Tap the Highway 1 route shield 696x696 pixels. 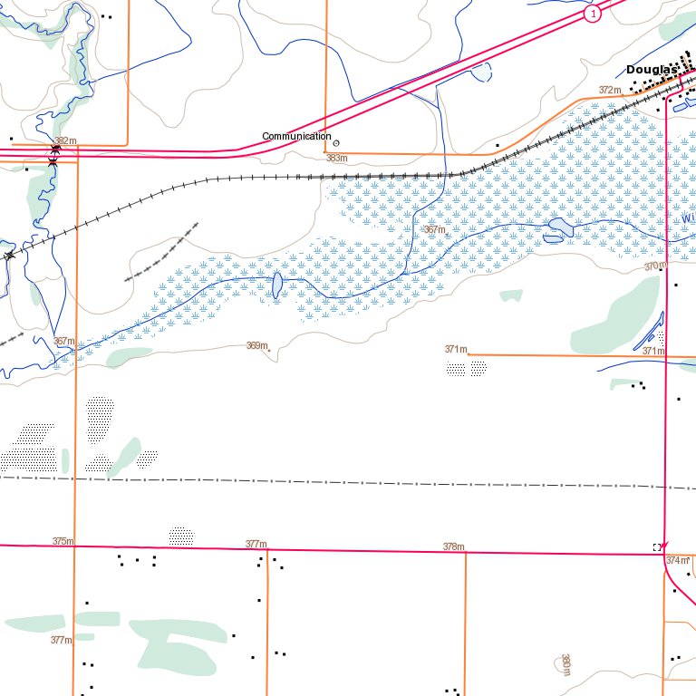click(x=592, y=14)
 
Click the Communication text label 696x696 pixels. click(x=296, y=136)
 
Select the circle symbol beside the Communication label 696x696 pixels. click(x=336, y=142)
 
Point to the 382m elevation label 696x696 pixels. click(x=65, y=140)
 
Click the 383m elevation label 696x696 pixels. click(x=337, y=159)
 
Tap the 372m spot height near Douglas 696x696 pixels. click(x=611, y=91)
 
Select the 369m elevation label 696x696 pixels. click(x=257, y=345)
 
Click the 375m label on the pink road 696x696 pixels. click(x=63, y=541)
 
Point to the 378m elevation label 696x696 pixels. click(x=453, y=546)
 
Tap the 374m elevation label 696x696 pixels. click(x=678, y=561)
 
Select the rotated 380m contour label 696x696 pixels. click(x=565, y=664)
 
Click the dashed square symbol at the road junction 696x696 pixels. click(x=656, y=547)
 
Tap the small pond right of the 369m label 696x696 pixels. click(x=276, y=285)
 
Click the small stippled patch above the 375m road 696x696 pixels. click(x=181, y=535)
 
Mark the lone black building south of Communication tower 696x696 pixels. click(x=497, y=145)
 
